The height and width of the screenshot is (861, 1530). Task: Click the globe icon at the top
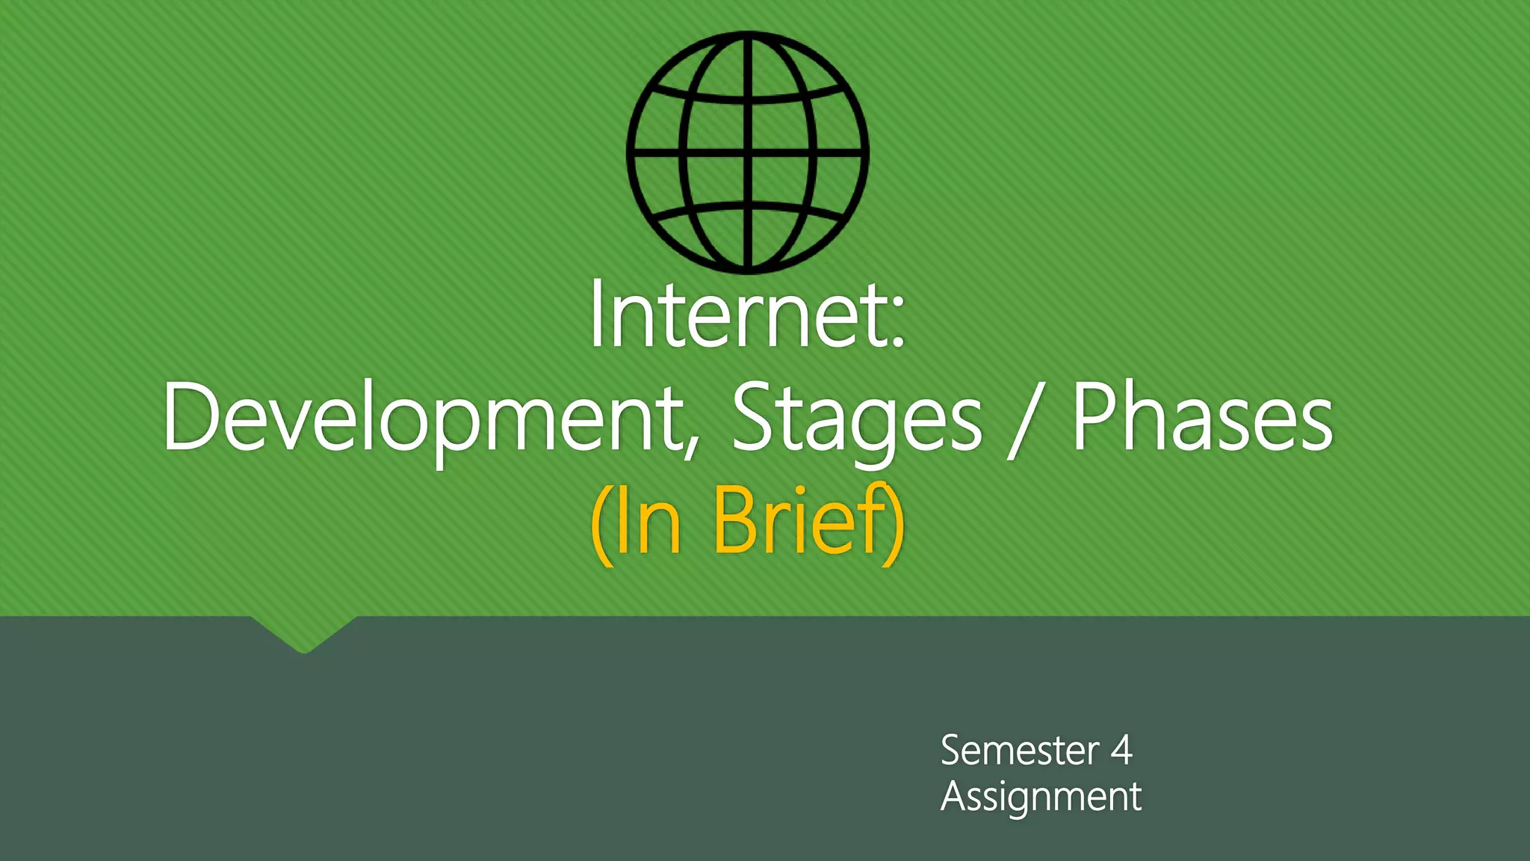tap(748, 152)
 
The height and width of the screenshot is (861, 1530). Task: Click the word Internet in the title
tap(736, 315)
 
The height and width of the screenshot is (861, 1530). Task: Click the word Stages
tap(856, 419)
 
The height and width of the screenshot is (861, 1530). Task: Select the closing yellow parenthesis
tap(893, 523)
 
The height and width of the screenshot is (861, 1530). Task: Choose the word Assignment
tap(1041, 797)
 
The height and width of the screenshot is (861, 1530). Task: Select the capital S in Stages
tap(755, 416)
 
